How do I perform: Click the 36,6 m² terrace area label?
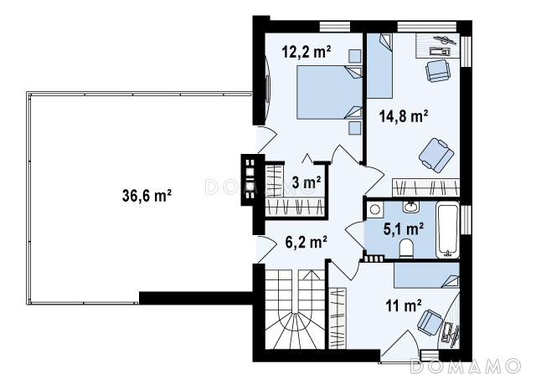(x=147, y=196)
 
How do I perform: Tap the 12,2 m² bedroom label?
(x=307, y=52)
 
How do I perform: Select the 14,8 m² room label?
(x=404, y=116)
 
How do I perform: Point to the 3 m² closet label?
(x=307, y=182)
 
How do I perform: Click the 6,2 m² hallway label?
(x=307, y=242)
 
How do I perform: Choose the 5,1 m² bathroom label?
(x=404, y=228)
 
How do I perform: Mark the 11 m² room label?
(x=404, y=305)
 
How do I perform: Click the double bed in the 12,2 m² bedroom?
(x=329, y=92)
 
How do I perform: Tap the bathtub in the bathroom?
(x=448, y=230)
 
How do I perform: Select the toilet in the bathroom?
(x=406, y=248)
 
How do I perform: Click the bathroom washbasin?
(x=410, y=207)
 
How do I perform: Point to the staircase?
(x=295, y=309)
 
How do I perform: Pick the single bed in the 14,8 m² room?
(x=379, y=66)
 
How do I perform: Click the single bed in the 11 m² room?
(x=426, y=275)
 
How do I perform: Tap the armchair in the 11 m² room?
(x=430, y=322)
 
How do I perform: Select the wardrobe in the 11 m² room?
(x=338, y=318)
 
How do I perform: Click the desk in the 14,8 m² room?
(x=437, y=45)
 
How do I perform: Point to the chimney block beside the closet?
(x=253, y=180)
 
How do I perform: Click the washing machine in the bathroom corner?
(x=375, y=209)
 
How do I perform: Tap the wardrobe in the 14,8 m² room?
(x=426, y=187)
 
